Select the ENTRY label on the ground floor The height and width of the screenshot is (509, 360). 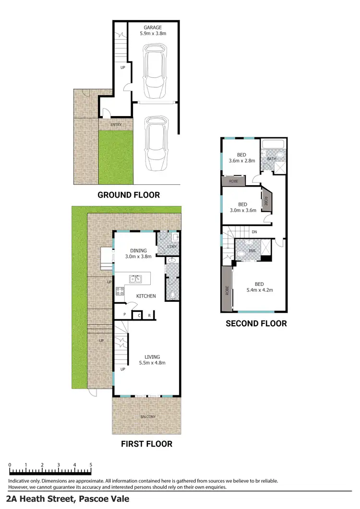pos(116,125)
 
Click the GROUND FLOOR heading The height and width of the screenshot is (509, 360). pos(129,195)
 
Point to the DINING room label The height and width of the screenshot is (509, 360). pos(138,250)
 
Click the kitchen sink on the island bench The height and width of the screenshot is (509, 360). pos(136,279)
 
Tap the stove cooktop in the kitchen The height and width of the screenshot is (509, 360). pos(120,291)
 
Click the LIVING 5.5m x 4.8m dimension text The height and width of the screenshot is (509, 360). pos(153,363)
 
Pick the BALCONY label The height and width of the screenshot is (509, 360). pos(148,416)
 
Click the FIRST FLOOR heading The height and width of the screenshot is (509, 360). pos(146,444)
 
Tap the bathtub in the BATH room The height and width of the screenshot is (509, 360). pos(274,144)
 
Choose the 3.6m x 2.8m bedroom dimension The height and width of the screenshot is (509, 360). pos(241,161)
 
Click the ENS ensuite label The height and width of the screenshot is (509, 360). pos(253,250)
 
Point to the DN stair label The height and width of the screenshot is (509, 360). pos(254,232)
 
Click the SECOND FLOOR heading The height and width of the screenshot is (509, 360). pos(256,324)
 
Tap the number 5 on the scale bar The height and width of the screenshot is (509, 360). pos(91,465)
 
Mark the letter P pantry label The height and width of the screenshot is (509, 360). pos(124,315)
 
